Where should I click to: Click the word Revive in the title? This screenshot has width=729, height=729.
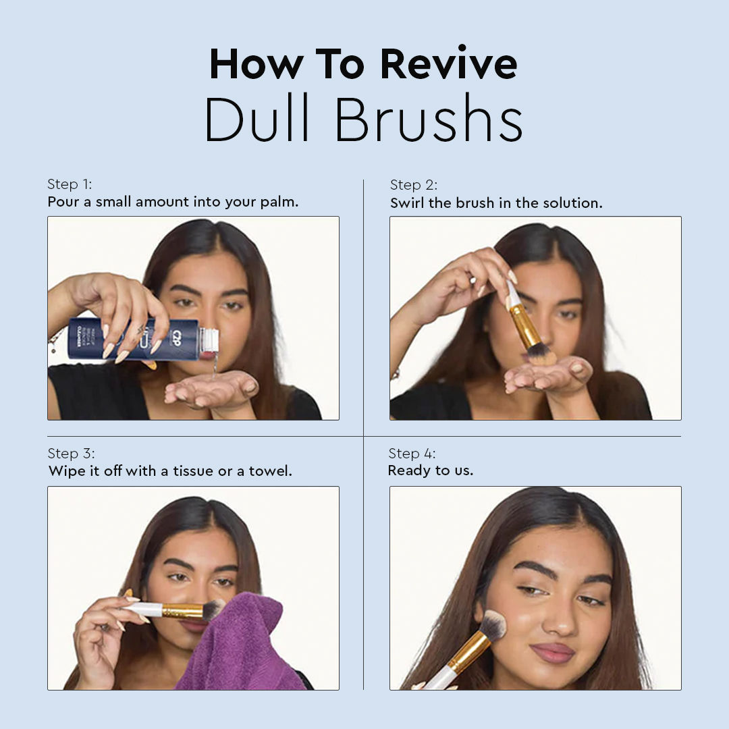(449, 63)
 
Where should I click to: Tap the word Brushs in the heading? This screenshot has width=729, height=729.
(429, 119)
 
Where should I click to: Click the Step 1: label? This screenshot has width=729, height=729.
(70, 184)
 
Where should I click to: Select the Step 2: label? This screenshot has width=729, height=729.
(414, 185)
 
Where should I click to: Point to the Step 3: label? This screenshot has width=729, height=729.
(71, 454)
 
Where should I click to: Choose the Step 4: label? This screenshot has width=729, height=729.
(412, 454)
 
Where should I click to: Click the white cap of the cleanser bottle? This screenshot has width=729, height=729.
(209, 340)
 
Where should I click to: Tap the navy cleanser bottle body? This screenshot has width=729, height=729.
(134, 339)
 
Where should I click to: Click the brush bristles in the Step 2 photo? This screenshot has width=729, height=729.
(541, 355)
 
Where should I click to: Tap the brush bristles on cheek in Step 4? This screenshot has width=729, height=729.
(493, 624)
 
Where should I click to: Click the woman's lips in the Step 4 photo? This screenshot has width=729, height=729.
(552, 653)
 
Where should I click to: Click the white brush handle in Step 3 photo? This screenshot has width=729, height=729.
(143, 609)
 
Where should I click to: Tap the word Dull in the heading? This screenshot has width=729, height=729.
(257, 119)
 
